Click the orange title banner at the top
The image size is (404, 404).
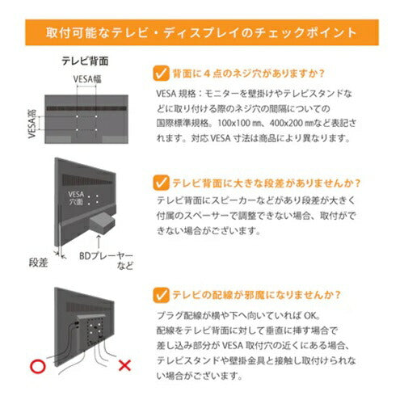[x=201, y=33]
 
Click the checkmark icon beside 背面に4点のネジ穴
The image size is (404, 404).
[x=159, y=74]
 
